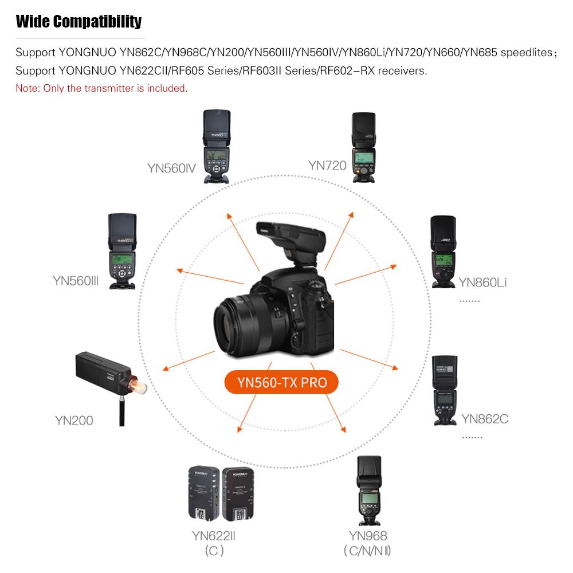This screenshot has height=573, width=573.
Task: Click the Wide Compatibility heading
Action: [x=79, y=22]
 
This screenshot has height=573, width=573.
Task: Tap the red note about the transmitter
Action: [x=101, y=88]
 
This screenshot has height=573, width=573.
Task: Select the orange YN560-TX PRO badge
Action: [x=281, y=382]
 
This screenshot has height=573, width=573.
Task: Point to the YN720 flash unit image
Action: [x=363, y=147]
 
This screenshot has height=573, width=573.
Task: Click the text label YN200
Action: [x=74, y=421]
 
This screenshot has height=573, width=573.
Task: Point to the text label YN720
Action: [x=327, y=166]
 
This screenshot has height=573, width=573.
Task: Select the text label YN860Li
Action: [x=482, y=282]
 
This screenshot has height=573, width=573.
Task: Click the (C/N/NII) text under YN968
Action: [x=368, y=552]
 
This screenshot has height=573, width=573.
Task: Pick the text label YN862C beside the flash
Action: [x=485, y=418]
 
